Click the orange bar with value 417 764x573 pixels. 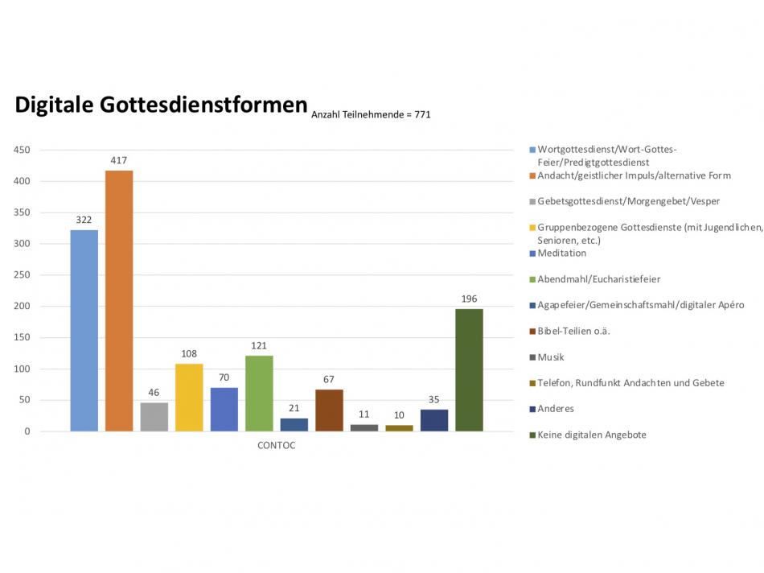point(119,301)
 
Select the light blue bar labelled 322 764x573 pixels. point(84,331)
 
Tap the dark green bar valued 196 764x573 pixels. point(469,370)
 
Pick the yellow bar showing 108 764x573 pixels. point(189,398)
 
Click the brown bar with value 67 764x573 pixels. point(329,410)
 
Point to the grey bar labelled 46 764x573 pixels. point(154,417)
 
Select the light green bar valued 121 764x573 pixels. point(259,394)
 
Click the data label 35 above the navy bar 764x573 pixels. point(434,398)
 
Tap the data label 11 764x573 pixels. point(364,414)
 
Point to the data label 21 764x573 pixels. point(294,407)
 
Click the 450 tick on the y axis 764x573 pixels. point(22,150)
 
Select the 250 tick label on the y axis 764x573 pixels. point(22,275)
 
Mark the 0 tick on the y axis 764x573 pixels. point(27,431)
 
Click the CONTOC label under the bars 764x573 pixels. point(276,446)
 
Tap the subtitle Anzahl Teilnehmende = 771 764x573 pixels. point(371,115)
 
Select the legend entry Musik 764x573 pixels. point(551,357)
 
